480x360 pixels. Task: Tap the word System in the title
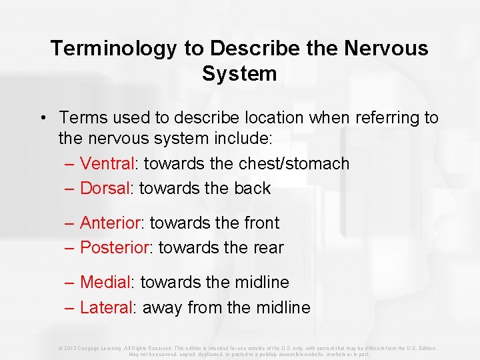(239, 73)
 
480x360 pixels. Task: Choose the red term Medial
(106, 282)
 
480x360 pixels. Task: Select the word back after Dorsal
(252, 188)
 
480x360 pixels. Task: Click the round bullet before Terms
(42, 119)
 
